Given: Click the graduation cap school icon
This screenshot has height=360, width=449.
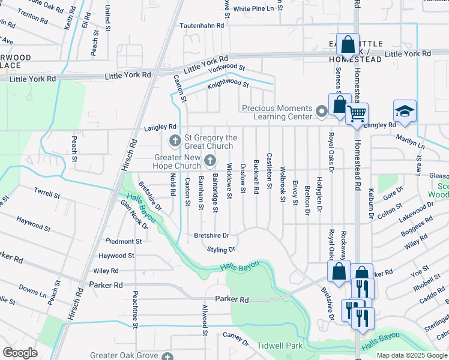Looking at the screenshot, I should tap(405, 111).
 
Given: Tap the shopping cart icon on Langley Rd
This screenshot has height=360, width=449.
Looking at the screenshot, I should tap(357, 112).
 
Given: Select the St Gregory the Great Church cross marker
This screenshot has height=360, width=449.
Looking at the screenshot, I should tap(175, 142).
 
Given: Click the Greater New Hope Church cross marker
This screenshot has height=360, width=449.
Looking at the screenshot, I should tap(209, 160).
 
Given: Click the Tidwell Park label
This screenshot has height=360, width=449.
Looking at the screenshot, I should tap(280, 346).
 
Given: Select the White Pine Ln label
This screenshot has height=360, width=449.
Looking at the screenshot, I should tap(258, 8).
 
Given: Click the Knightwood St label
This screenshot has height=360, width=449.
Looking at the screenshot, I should tap(227, 83).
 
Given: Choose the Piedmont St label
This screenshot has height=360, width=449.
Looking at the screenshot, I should tap(124, 241).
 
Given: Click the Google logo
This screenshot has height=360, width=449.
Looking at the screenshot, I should tap(20, 353).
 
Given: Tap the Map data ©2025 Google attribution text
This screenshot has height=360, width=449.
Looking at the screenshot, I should tap(412, 355).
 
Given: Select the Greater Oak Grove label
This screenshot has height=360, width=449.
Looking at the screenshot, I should tap(122, 355).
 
